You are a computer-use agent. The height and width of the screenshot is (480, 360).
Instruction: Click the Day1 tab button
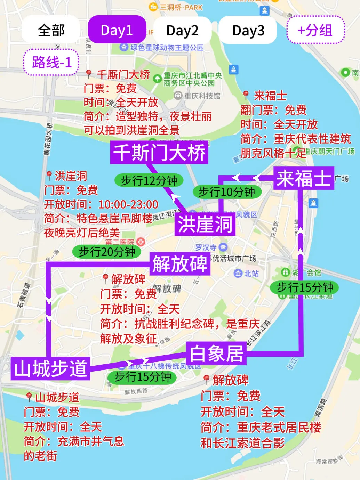tap(117, 30)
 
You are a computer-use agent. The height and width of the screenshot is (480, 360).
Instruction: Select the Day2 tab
tap(182, 30)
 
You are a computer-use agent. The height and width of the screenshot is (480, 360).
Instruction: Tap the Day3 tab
tap(248, 30)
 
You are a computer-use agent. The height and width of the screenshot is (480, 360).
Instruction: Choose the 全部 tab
tap(51, 30)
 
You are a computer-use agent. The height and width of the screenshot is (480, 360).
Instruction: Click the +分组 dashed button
tap(315, 30)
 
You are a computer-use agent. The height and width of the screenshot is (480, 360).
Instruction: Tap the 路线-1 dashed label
tap(51, 63)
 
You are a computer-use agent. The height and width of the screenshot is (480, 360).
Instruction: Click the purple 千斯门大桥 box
tap(159, 153)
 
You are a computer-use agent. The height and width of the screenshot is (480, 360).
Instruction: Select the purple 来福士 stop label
tap(304, 178)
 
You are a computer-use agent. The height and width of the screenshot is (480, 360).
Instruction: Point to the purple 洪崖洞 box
tap(205, 224)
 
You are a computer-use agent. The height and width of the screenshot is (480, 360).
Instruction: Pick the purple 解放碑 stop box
tap(180, 264)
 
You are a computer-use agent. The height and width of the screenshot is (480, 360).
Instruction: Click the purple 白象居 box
tap(216, 353)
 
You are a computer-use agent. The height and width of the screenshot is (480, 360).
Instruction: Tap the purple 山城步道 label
tap(51, 368)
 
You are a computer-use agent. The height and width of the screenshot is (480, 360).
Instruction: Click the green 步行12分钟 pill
tap(149, 180)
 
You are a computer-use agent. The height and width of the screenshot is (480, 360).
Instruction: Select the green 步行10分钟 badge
tap(227, 192)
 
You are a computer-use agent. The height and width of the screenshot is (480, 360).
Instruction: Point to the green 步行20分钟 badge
tap(107, 251)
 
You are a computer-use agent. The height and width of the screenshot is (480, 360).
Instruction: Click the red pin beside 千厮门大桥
tap(89, 74)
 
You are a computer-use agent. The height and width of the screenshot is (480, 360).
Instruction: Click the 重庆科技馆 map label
tap(197, 96)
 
